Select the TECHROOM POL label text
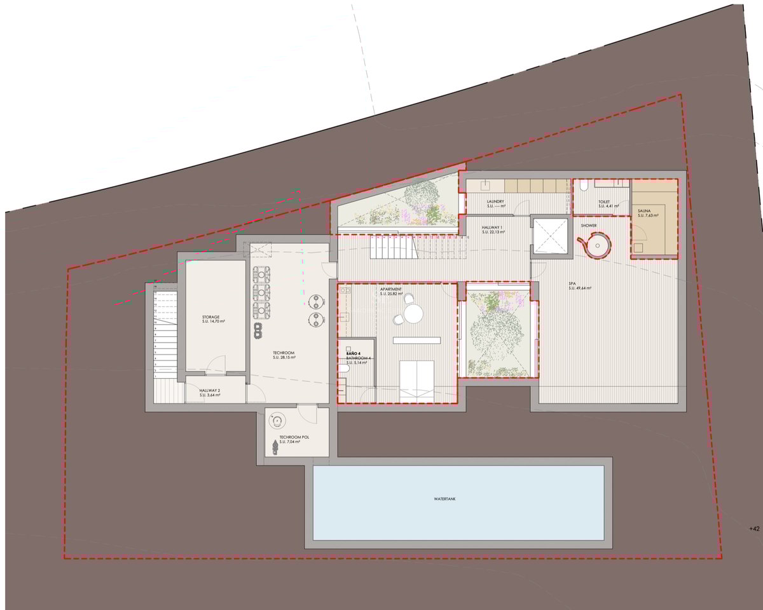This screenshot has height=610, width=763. click(x=285, y=437)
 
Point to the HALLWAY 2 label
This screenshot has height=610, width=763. click(x=209, y=391)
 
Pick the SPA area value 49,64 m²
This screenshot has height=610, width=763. click(x=580, y=288)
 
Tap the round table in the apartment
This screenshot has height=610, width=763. click(x=413, y=314)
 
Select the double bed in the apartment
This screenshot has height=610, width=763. click(x=416, y=378)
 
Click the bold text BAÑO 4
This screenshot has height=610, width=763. click(x=354, y=353)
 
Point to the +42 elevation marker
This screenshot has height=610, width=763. click(x=754, y=529)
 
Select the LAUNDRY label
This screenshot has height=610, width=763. click(x=495, y=202)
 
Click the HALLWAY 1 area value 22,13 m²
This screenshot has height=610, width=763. click(x=493, y=233)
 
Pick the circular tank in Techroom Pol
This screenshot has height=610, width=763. click(x=277, y=420)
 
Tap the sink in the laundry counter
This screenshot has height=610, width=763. click(x=485, y=185)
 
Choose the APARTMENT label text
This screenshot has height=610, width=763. click(x=390, y=288)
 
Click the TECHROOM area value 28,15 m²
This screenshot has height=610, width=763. click(x=285, y=358)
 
